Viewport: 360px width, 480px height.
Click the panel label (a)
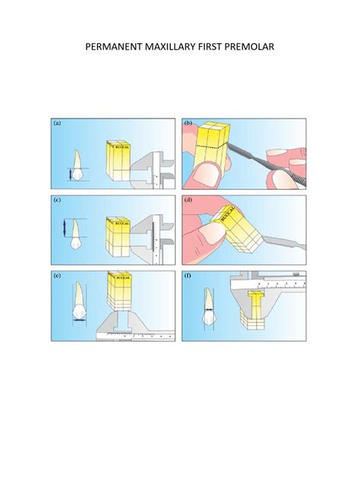[x=59, y=122]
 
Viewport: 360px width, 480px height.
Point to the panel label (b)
[x=189, y=122]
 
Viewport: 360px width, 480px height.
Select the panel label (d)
[x=189, y=201]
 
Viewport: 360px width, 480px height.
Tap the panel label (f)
[x=189, y=279]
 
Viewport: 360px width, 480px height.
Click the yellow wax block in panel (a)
[x=118, y=159]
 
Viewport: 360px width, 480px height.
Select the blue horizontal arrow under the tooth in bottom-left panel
[x=77, y=320]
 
